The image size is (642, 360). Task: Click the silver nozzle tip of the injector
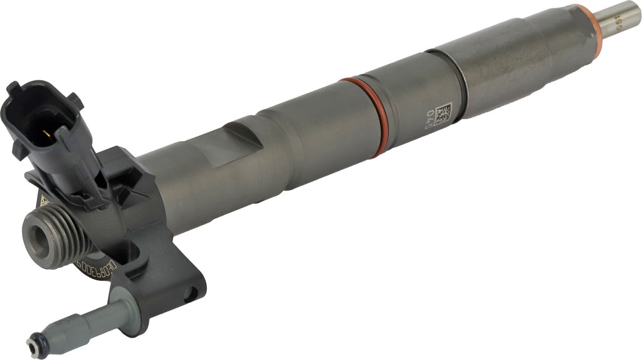[621, 16]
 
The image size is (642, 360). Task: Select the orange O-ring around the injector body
[365, 117]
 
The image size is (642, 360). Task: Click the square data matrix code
[443, 113]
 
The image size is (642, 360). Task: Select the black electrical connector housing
[44, 125]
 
